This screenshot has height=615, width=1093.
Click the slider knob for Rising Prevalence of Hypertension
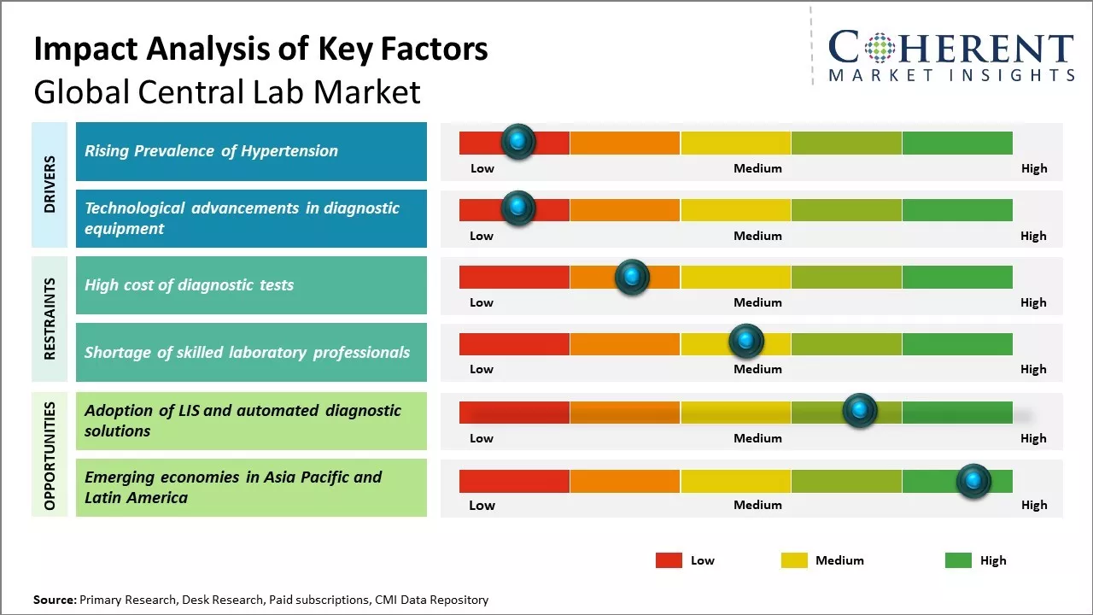(517, 141)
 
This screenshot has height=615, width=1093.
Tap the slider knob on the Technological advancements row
(517, 208)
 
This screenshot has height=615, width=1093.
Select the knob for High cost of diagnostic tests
(632, 276)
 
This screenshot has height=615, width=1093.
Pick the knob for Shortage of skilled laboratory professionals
(746, 342)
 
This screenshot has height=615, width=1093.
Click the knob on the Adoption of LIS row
(860, 411)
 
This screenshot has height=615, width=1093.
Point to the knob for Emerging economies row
(973, 481)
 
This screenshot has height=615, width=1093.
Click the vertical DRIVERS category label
(50, 184)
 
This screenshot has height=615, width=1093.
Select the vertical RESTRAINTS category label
(50, 319)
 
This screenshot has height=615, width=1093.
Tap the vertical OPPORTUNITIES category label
(50, 455)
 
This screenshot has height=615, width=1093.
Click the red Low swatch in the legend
(669, 560)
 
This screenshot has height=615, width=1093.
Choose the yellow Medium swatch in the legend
(794, 560)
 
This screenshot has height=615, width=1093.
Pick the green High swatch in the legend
(958, 560)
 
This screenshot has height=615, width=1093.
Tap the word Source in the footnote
(55, 600)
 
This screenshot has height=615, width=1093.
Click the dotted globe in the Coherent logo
(880, 48)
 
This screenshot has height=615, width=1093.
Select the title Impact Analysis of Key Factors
(260, 50)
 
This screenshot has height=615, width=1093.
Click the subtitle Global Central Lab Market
(227, 91)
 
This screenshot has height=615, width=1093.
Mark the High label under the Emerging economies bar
(1033, 505)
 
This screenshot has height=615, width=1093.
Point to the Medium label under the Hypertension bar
(757, 168)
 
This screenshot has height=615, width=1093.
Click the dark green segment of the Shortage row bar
(956, 343)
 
